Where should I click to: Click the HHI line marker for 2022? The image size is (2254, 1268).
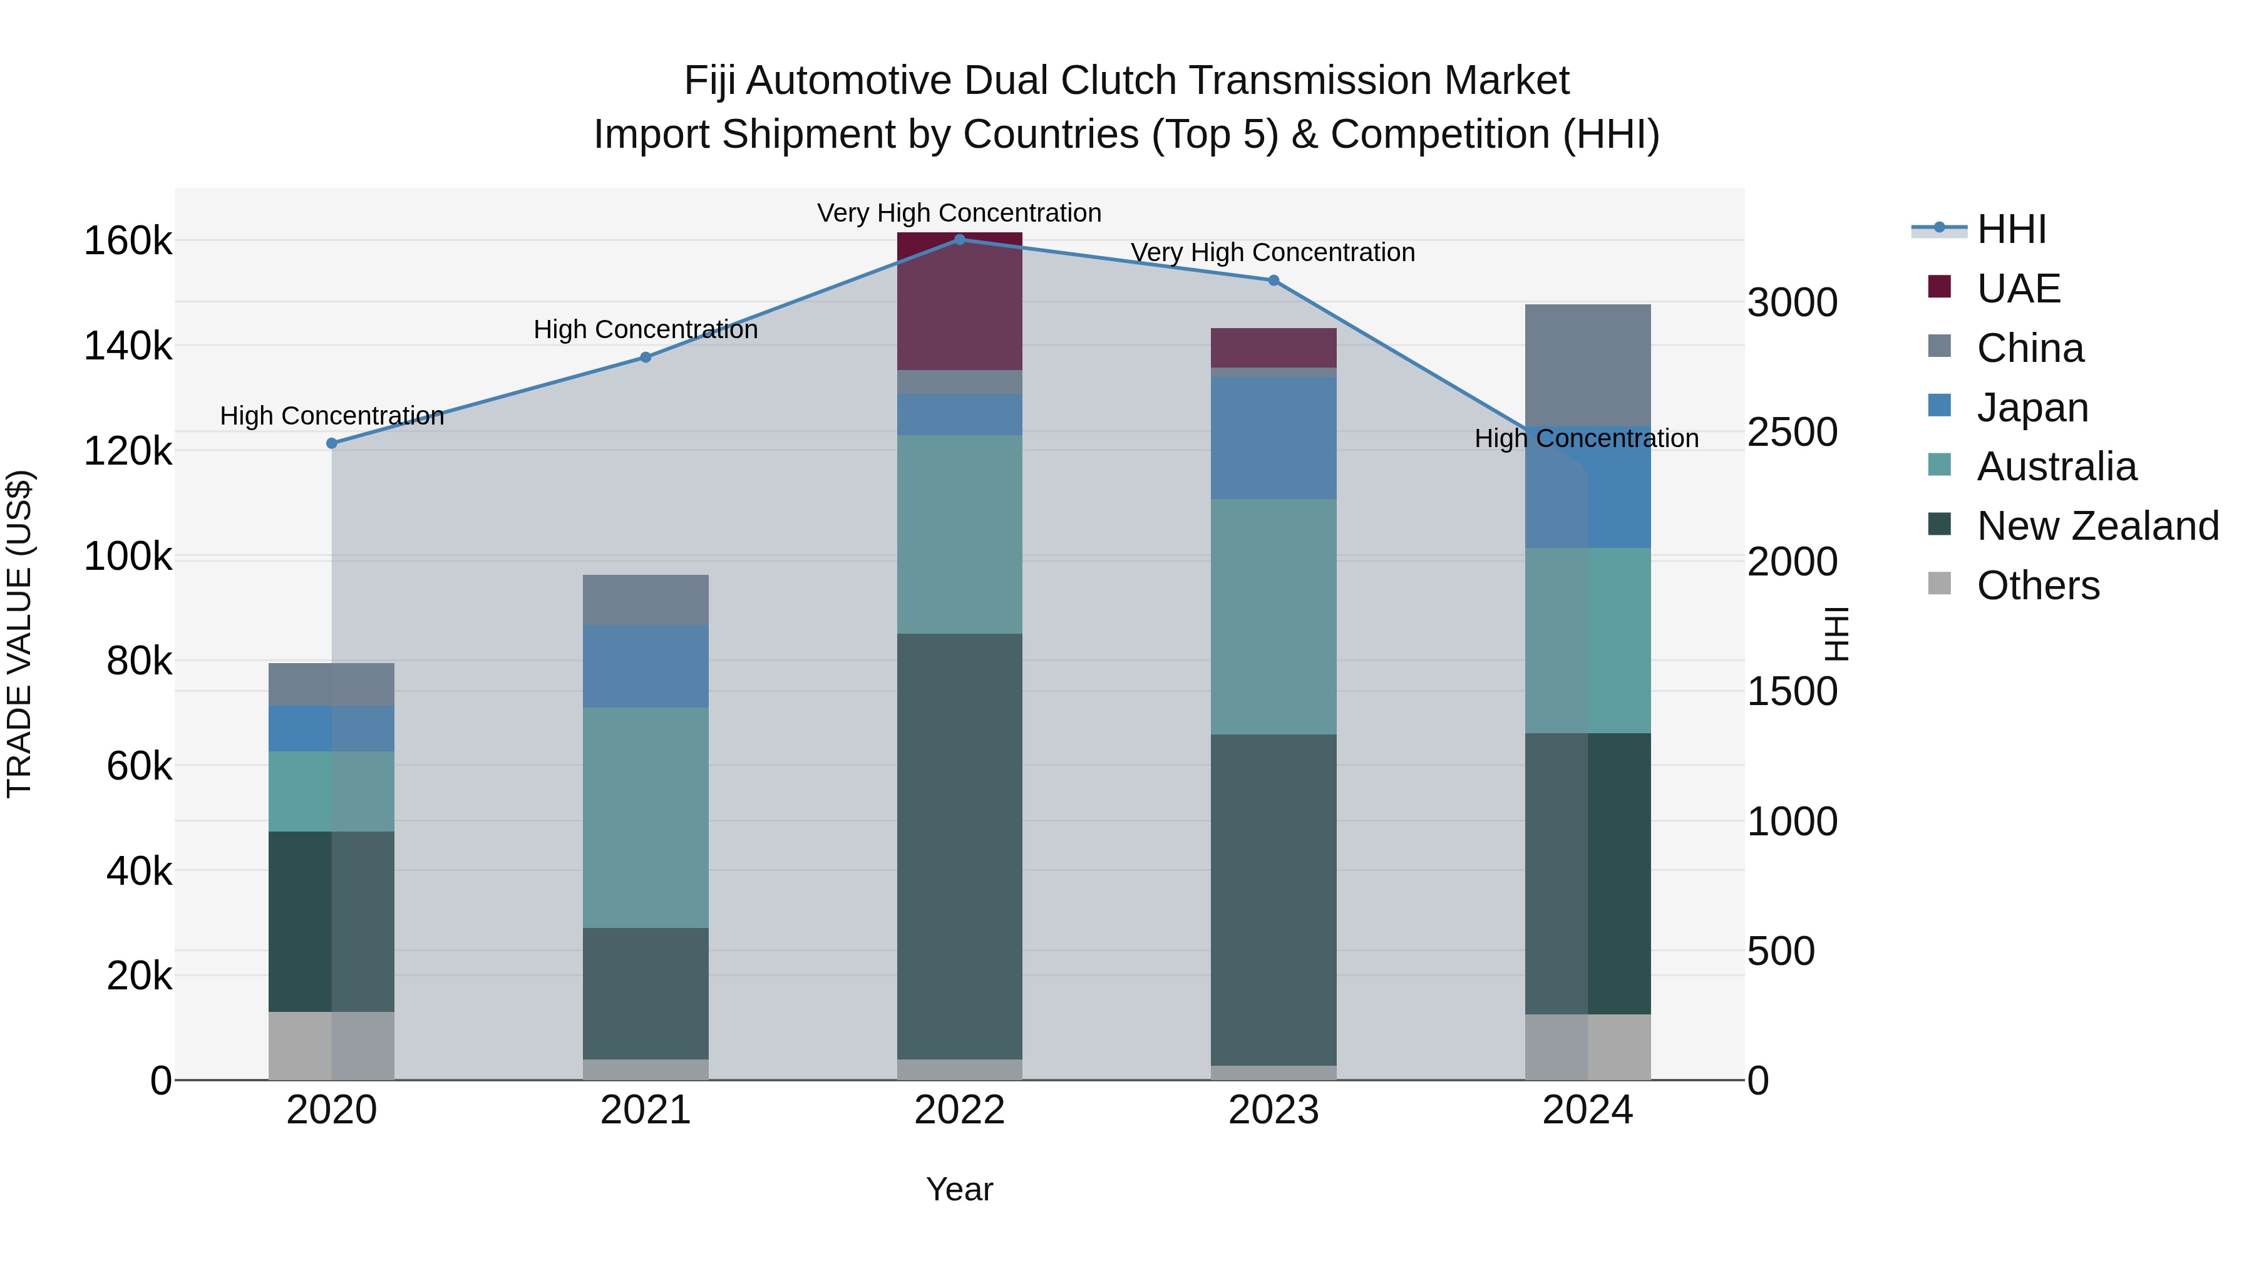tap(959, 239)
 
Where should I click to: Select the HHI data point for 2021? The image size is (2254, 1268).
tap(645, 357)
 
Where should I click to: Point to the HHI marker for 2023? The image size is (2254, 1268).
tap(1273, 280)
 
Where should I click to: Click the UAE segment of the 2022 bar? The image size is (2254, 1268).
tap(959, 302)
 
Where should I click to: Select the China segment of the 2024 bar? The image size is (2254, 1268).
tap(1587, 365)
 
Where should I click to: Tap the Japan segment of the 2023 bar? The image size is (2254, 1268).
tap(1273, 438)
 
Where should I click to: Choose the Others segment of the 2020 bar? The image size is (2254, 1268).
tap(332, 1045)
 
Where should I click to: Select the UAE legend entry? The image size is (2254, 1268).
tap(2018, 289)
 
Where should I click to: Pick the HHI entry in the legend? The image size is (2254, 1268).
tap(2010, 229)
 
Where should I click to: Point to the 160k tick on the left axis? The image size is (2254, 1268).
tap(128, 240)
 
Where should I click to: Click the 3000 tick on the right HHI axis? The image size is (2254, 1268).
tap(1792, 303)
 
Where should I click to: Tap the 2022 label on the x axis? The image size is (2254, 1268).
tap(959, 1110)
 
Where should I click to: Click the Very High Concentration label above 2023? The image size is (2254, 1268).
tap(1272, 252)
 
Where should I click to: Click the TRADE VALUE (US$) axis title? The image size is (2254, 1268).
tap(19, 634)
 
